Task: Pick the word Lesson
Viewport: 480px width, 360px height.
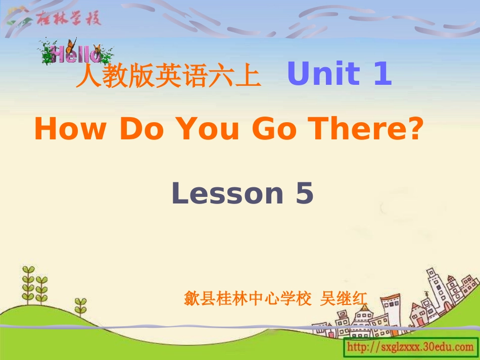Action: pyautogui.click(x=227, y=193)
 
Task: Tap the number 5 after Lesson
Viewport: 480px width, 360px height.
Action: pyautogui.click(x=305, y=193)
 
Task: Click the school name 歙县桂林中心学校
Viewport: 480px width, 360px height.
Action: pyautogui.click(x=248, y=299)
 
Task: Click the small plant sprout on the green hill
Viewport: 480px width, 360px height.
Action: pyautogui.click(x=80, y=305)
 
